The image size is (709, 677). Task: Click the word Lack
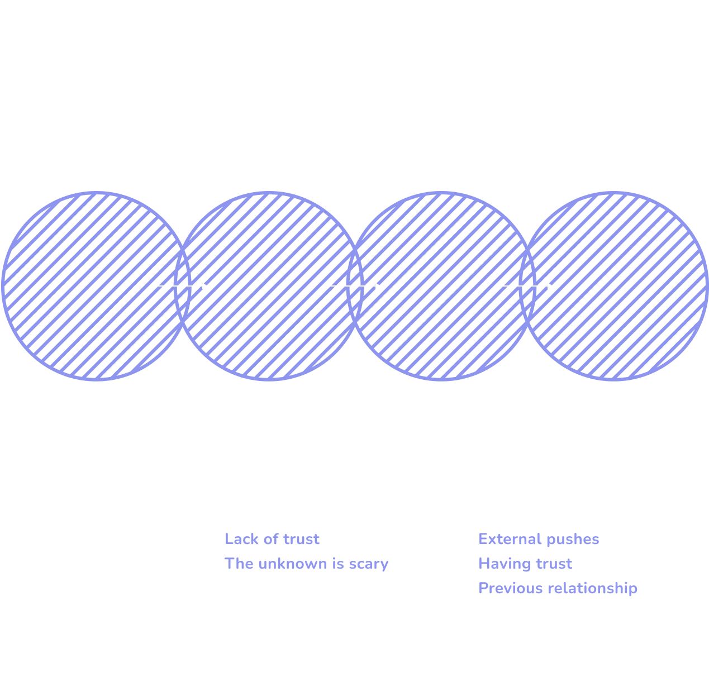click(241, 539)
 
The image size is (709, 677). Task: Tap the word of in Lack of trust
click(271, 539)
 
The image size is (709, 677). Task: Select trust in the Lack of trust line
click(301, 540)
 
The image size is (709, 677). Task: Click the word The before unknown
click(239, 564)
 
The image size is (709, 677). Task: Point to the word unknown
click(293, 564)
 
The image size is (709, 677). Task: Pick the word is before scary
click(338, 564)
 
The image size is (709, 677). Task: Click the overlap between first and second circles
click(182, 286)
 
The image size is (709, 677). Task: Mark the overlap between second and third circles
click(354, 286)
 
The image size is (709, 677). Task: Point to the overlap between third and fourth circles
click(527, 286)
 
